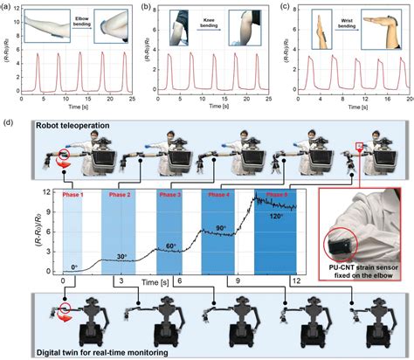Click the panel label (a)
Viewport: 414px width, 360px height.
pos(10,6)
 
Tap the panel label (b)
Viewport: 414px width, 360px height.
pos(146,6)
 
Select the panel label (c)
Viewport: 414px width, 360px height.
pos(281,6)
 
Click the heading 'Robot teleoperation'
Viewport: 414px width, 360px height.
pos(72,127)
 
